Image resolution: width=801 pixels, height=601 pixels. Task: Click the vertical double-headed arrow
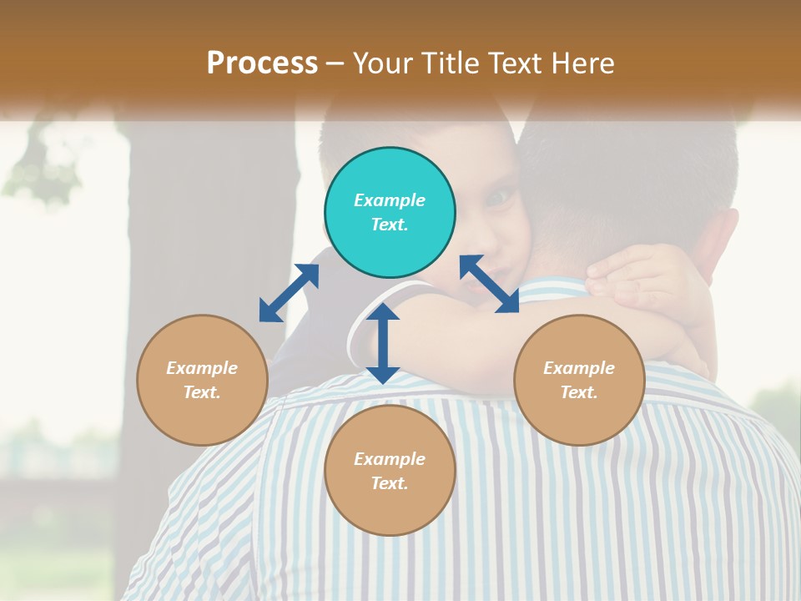(x=383, y=343)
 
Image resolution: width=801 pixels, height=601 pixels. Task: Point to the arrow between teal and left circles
(x=289, y=293)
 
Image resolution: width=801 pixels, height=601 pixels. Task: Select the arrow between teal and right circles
(x=489, y=284)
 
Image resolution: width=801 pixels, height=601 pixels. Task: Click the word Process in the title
(x=262, y=63)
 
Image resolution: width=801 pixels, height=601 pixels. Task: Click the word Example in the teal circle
(x=390, y=200)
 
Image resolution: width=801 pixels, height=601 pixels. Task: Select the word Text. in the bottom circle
(x=390, y=483)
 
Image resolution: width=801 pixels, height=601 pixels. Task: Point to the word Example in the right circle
(x=579, y=368)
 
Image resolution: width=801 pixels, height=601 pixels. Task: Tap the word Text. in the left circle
(x=202, y=392)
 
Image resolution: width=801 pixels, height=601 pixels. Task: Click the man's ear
(x=723, y=242)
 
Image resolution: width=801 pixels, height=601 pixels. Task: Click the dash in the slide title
(x=335, y=63)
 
